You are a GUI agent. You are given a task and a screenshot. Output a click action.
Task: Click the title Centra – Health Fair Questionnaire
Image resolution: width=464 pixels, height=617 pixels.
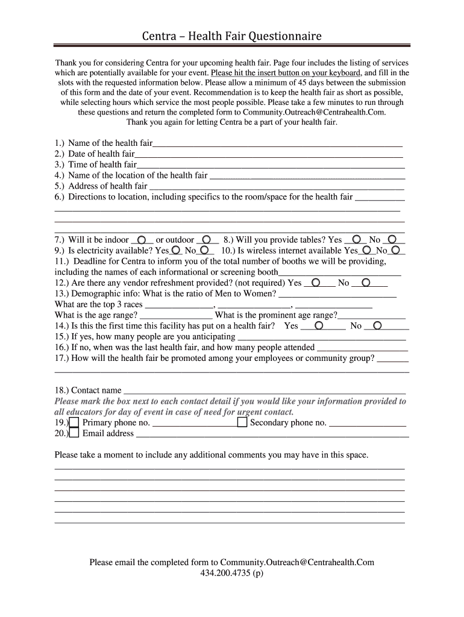pyautogui.click(x=231, y=37)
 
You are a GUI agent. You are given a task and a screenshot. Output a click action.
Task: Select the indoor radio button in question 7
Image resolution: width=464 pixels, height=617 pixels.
pyautogui.click(x=141, y=239)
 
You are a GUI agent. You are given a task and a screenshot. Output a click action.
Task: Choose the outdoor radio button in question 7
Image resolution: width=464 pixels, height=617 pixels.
pyautogui.click(x=206, y=239)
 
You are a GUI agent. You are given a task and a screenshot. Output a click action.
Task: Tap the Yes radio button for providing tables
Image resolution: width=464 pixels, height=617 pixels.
pyautogui.click(x=356, y=239)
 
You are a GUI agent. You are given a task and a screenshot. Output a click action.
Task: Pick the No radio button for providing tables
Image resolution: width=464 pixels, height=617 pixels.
pyautogui.click(x=392, y=239)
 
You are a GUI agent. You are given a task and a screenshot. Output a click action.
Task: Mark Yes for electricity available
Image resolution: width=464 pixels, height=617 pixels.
pyautogui.click(x=175, y=250)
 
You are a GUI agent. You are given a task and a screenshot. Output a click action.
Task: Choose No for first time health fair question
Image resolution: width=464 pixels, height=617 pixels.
pyautogui.click(x=378, y=326)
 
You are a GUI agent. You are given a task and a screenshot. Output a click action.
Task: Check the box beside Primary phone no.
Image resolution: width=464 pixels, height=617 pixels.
pyautogui.click(x=74, y=422)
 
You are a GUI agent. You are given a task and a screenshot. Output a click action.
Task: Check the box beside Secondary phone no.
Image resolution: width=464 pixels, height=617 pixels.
pyautogui.click(x=242, y=422)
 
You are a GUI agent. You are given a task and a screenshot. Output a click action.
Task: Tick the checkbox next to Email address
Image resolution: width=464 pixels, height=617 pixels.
pyautogui.click(x=74, y=433)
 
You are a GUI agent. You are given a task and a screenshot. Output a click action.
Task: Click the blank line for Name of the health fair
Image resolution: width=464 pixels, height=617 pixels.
pyautogui.click(x=277, y=144)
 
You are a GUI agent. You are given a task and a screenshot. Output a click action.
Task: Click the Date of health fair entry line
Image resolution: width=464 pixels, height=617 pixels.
pyautogui.click(x=269, y=155)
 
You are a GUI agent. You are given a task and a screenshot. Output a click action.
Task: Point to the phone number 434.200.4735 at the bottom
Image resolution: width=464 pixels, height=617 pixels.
pyautogui.click(x=231, y=573)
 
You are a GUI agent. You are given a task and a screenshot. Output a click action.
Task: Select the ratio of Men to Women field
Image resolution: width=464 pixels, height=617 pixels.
pyautogui.click(x=337, y=294)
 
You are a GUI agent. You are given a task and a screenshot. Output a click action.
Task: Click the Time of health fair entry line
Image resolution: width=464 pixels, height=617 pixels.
pyautogui.click(x=270, y=166)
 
